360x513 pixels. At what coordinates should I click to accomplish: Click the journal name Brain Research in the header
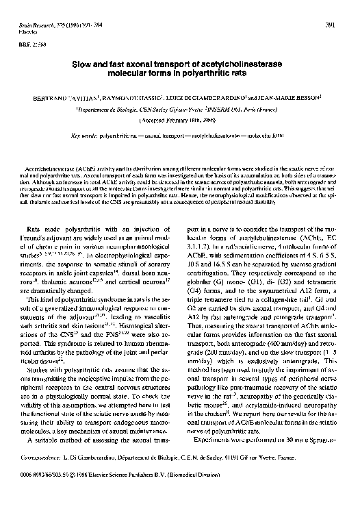point(31,25)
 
